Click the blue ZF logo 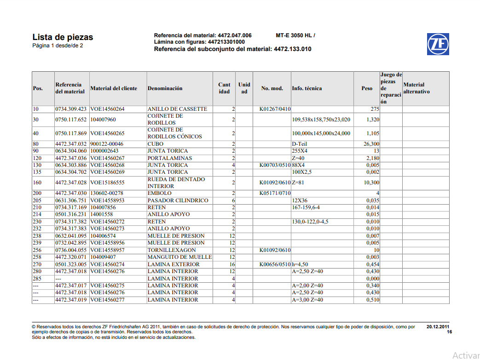click(438, 44)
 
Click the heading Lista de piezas click(63, 37)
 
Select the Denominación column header click(165, 88)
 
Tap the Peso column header click(367, 88)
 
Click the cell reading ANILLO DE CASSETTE click(177, 109)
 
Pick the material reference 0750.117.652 click(71, 120)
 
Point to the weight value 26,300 click(371, 144)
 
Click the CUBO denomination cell click(156, 144)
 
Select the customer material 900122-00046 click(107, 144)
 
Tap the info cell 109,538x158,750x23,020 click(321, 120)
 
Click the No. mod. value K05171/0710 click(275, 193)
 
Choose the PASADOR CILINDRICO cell click(178, 200)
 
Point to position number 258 click(37, 257)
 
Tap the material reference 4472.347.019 click(71, 300)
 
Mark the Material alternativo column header click(416, 88)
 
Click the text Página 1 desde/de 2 click(58, 46)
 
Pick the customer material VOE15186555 click(107, 183)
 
